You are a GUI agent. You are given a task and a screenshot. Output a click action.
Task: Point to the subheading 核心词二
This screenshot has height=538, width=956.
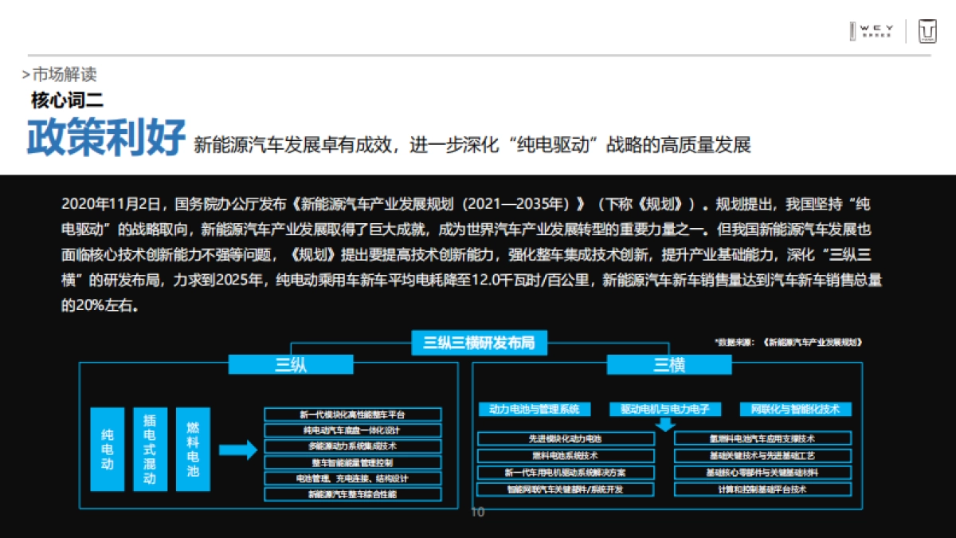click(x=67, y=100)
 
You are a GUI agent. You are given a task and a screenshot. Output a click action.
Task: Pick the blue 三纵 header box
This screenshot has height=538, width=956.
click(x=291, y=365)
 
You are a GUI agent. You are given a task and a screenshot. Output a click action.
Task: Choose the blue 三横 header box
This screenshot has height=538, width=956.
click(x=669, y=365)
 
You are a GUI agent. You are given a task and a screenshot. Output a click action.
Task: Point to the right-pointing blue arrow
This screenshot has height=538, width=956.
click(x=238, y=450)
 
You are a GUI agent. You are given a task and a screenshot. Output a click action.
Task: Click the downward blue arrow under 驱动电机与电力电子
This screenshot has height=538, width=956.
click(x=665, y=424)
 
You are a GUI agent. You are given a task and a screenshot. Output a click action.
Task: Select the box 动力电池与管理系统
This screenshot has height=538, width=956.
click(x=535, y=410)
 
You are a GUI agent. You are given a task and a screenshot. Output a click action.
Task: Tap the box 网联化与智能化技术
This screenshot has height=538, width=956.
click(x=795, y=410)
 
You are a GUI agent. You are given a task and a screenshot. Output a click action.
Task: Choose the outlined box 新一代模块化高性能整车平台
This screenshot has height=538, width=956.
click(x=352, y=414)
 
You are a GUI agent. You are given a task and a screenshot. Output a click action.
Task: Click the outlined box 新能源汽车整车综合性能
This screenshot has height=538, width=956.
click(x=352, y=494)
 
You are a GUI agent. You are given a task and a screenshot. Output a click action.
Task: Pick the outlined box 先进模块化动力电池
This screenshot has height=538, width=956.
click(x=566, y=438)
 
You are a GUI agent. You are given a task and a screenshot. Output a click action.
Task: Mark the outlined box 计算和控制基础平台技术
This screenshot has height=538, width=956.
click(x=762, y=489)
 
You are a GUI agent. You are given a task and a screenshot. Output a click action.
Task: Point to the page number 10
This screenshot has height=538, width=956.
click(x=478, y=512)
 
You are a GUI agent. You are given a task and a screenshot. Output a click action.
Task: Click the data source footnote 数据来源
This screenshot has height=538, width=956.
click(x=789, y=341)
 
